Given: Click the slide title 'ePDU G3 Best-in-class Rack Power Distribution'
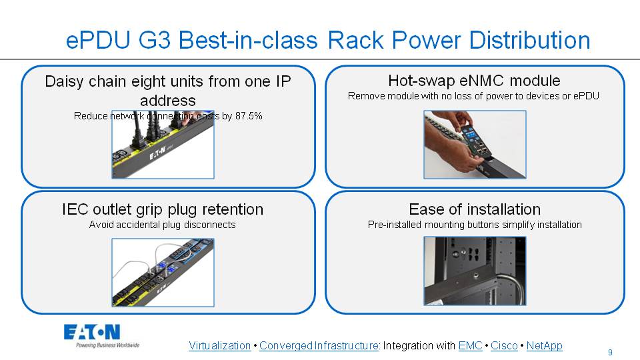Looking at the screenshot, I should coord(328,40).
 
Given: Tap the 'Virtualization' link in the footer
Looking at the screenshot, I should coord(219,345).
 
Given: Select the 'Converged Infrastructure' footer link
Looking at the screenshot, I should coord(319,345).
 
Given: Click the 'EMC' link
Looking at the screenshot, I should coord(470,345).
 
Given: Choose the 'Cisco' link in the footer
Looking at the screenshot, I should coord(504,345).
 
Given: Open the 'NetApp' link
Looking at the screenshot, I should coord(544,345).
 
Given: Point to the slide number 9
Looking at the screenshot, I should coord(610,352).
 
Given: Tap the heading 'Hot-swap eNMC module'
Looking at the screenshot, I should coord(474,81).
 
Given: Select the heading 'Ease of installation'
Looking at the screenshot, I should coord(474,209).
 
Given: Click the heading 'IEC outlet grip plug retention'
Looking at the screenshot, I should coord(162,209).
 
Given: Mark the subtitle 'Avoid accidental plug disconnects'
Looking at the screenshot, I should coord(162,225).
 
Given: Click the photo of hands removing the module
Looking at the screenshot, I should coord(475,145).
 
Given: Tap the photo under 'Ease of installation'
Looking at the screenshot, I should coord(475,271).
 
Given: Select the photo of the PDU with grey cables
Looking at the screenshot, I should coord(163,273).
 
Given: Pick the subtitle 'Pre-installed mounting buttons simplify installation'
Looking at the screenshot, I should coord(474,225).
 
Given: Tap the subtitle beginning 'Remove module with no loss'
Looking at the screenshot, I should coord(473,96).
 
